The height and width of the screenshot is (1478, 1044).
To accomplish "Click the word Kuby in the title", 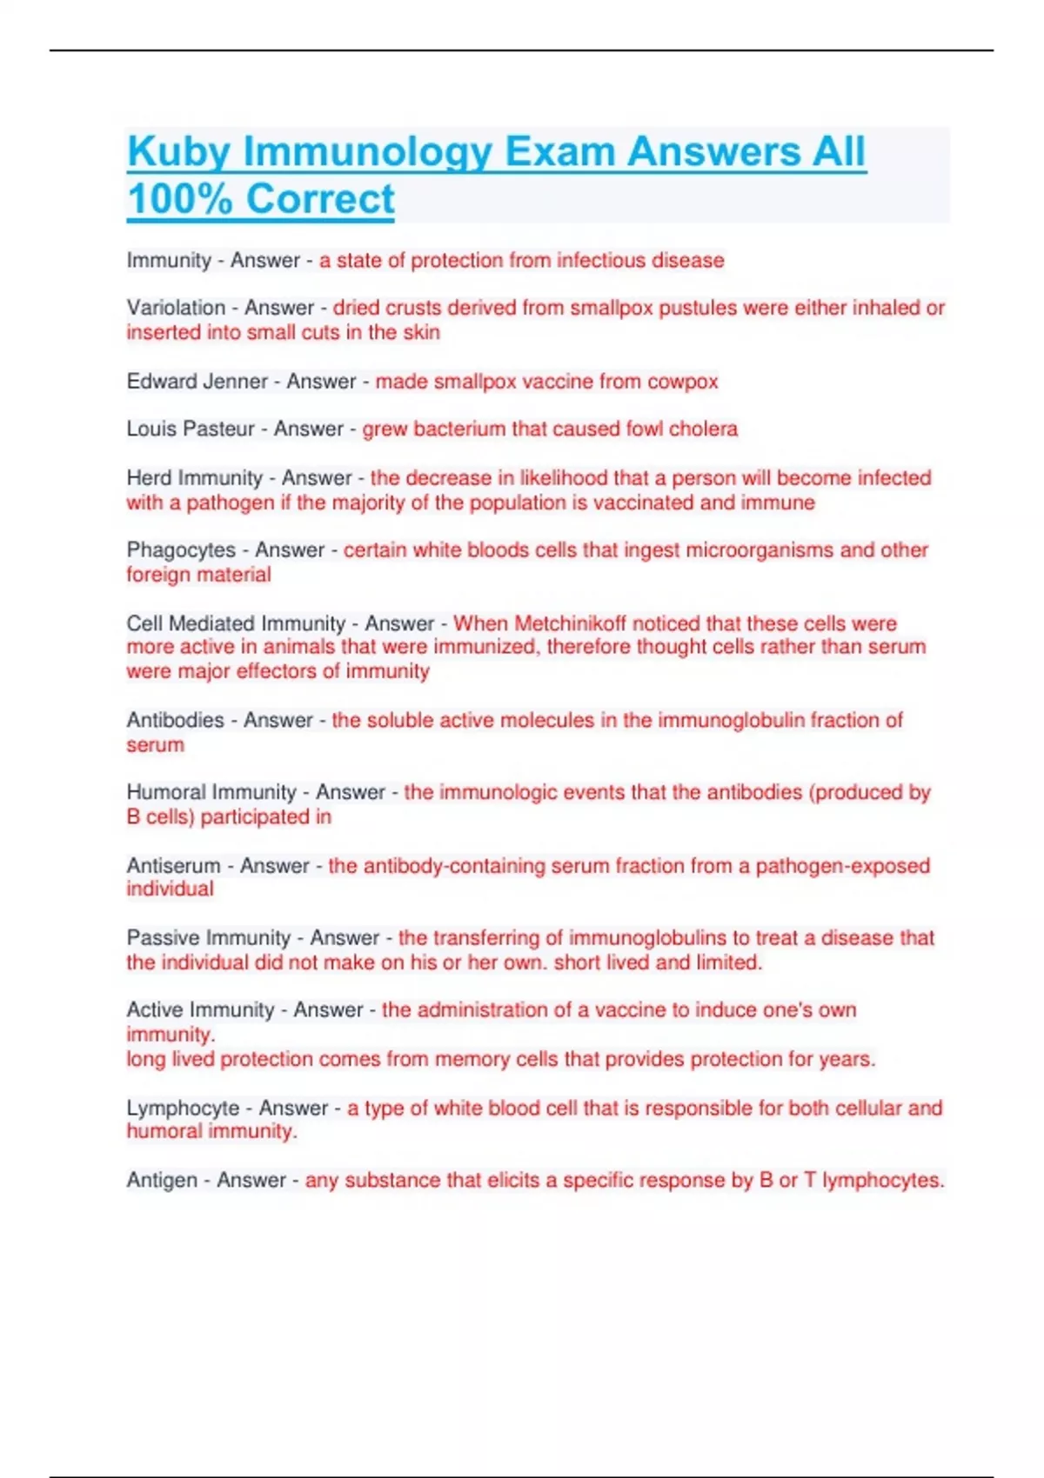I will (x=178, y=152).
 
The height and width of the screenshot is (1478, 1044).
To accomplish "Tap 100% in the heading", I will (x=179, y=199).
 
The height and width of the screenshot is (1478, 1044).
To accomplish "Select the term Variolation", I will (x=176, y=308).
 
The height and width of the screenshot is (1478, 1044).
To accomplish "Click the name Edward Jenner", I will (x=197, y=382).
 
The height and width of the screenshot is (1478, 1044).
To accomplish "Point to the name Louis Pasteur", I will (x=190, y=429).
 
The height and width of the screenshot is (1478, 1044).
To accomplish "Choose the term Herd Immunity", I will (x=194, y=478).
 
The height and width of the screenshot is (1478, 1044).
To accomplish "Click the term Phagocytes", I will (x=181, y=550).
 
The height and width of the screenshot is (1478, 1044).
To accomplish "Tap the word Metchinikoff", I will (x=570, y=623).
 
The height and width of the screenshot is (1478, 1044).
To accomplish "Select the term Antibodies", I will (x=175, y=720).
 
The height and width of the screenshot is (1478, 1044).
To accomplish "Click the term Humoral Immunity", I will (x=211, y=792).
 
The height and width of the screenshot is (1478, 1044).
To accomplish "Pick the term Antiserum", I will (x=173, y=866).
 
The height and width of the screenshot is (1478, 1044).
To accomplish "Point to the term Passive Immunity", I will (x=208, y=938).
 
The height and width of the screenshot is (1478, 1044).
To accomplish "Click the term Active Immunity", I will (x=200, y=1010).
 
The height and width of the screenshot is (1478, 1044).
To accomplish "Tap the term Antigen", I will (x=162, y=1181).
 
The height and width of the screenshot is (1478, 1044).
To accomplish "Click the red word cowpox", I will (x=682, y=382).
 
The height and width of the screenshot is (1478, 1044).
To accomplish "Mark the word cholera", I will (x=704, y=429).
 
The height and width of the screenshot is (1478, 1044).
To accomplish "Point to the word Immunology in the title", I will (x=367, y=152).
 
